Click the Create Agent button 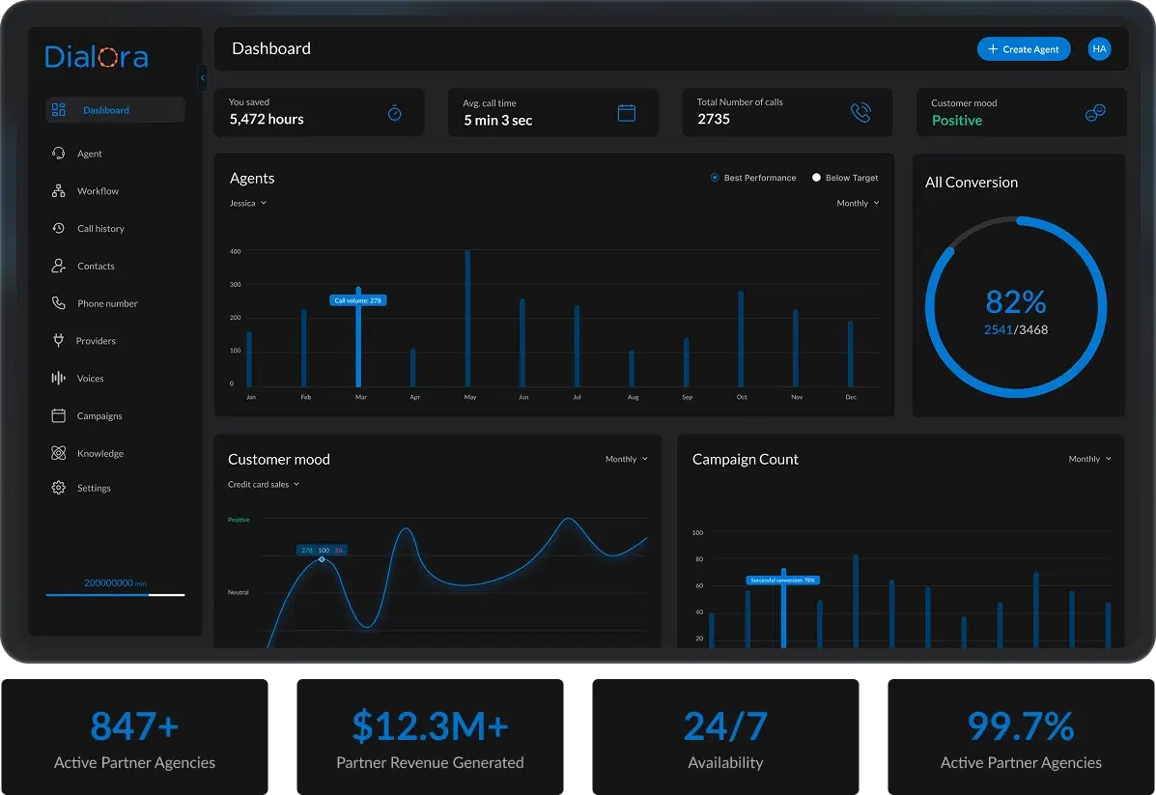(1023, 49)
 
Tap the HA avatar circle (1099, 49)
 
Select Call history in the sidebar (100, 229)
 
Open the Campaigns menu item (99, 416)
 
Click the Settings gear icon (58, 488)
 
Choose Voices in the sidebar (90, 379)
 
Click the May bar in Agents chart (467, 319)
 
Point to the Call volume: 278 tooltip (357, 300)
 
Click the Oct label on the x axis (742, 397)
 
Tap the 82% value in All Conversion (1016, 302)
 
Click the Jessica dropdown (247, 204)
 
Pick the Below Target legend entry (845, 178)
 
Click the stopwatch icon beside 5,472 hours (394, 113)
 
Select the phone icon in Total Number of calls (860, 113)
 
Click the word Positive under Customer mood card (956, 121)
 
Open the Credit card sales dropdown (264, 485)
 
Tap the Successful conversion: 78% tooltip (782, 581)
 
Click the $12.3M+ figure (429, 726)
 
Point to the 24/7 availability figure (725, 726)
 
